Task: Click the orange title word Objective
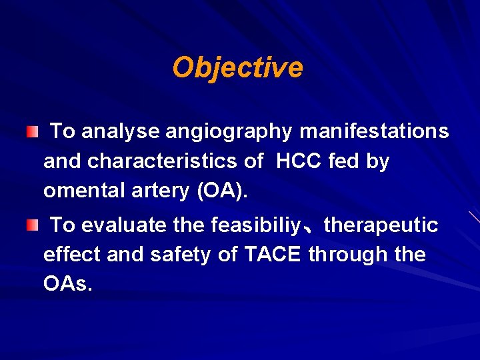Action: (237, 67)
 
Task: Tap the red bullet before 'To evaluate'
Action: (32, 226)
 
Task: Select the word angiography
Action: (229, 132)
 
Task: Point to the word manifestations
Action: (374, 131)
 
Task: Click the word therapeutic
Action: (381, 225)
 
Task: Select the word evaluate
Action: (124, 225)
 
